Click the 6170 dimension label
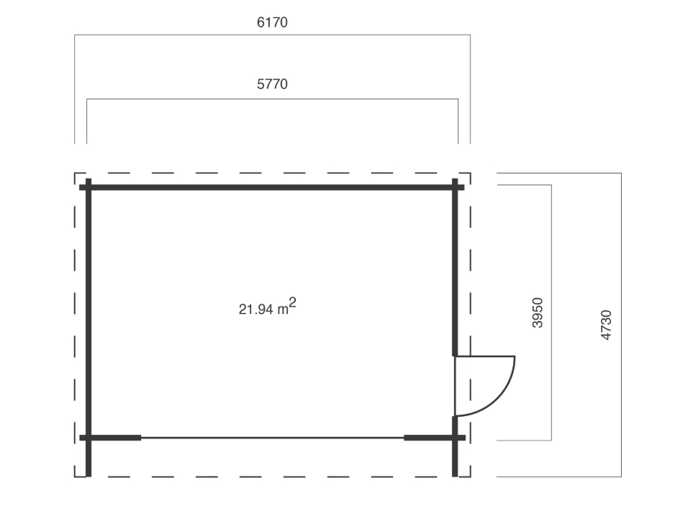[272, 22]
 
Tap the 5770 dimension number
[272, 84]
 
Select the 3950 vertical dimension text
[538, 312]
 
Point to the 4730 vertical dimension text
[606, 325]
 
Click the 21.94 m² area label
[267, 307]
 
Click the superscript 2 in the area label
[293, 302]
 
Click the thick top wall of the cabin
[271, 187]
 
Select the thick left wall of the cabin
[89, 328]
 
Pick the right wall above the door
[455, 267]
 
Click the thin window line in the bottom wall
[273, 438]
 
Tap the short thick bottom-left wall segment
[110, 438]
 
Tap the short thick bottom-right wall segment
[435, 438]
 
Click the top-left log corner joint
[89, 187]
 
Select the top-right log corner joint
[455, 187]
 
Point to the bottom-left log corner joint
[89, 438]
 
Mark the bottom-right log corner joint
[455, 438]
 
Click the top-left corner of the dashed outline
[75, 173]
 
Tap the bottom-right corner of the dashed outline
[471, 477]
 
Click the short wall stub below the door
[455, 446]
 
